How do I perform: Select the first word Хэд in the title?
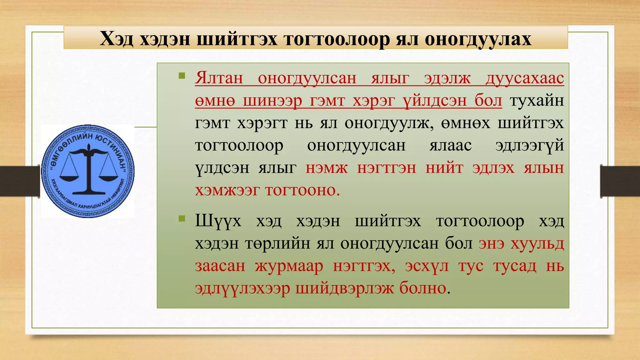pos(117,39)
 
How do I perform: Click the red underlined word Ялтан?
pos(219,78)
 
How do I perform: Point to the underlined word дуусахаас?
pos(525,78)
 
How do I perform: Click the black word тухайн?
pos(537,101)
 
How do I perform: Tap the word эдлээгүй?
pos(529,146)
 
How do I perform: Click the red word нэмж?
pos(327,168)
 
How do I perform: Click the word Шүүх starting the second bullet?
pos(218,221)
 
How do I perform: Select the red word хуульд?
pos(537,243)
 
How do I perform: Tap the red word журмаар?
pos(289,266)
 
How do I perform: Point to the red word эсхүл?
pos(427,266)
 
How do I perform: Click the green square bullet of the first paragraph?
pos(182,76)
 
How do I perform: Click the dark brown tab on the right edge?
pos(620,181)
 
